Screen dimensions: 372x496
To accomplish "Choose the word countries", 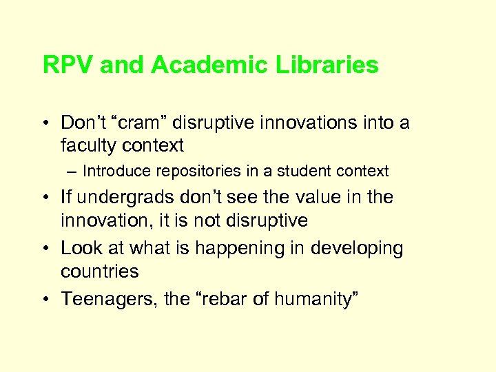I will pos(99,271).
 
